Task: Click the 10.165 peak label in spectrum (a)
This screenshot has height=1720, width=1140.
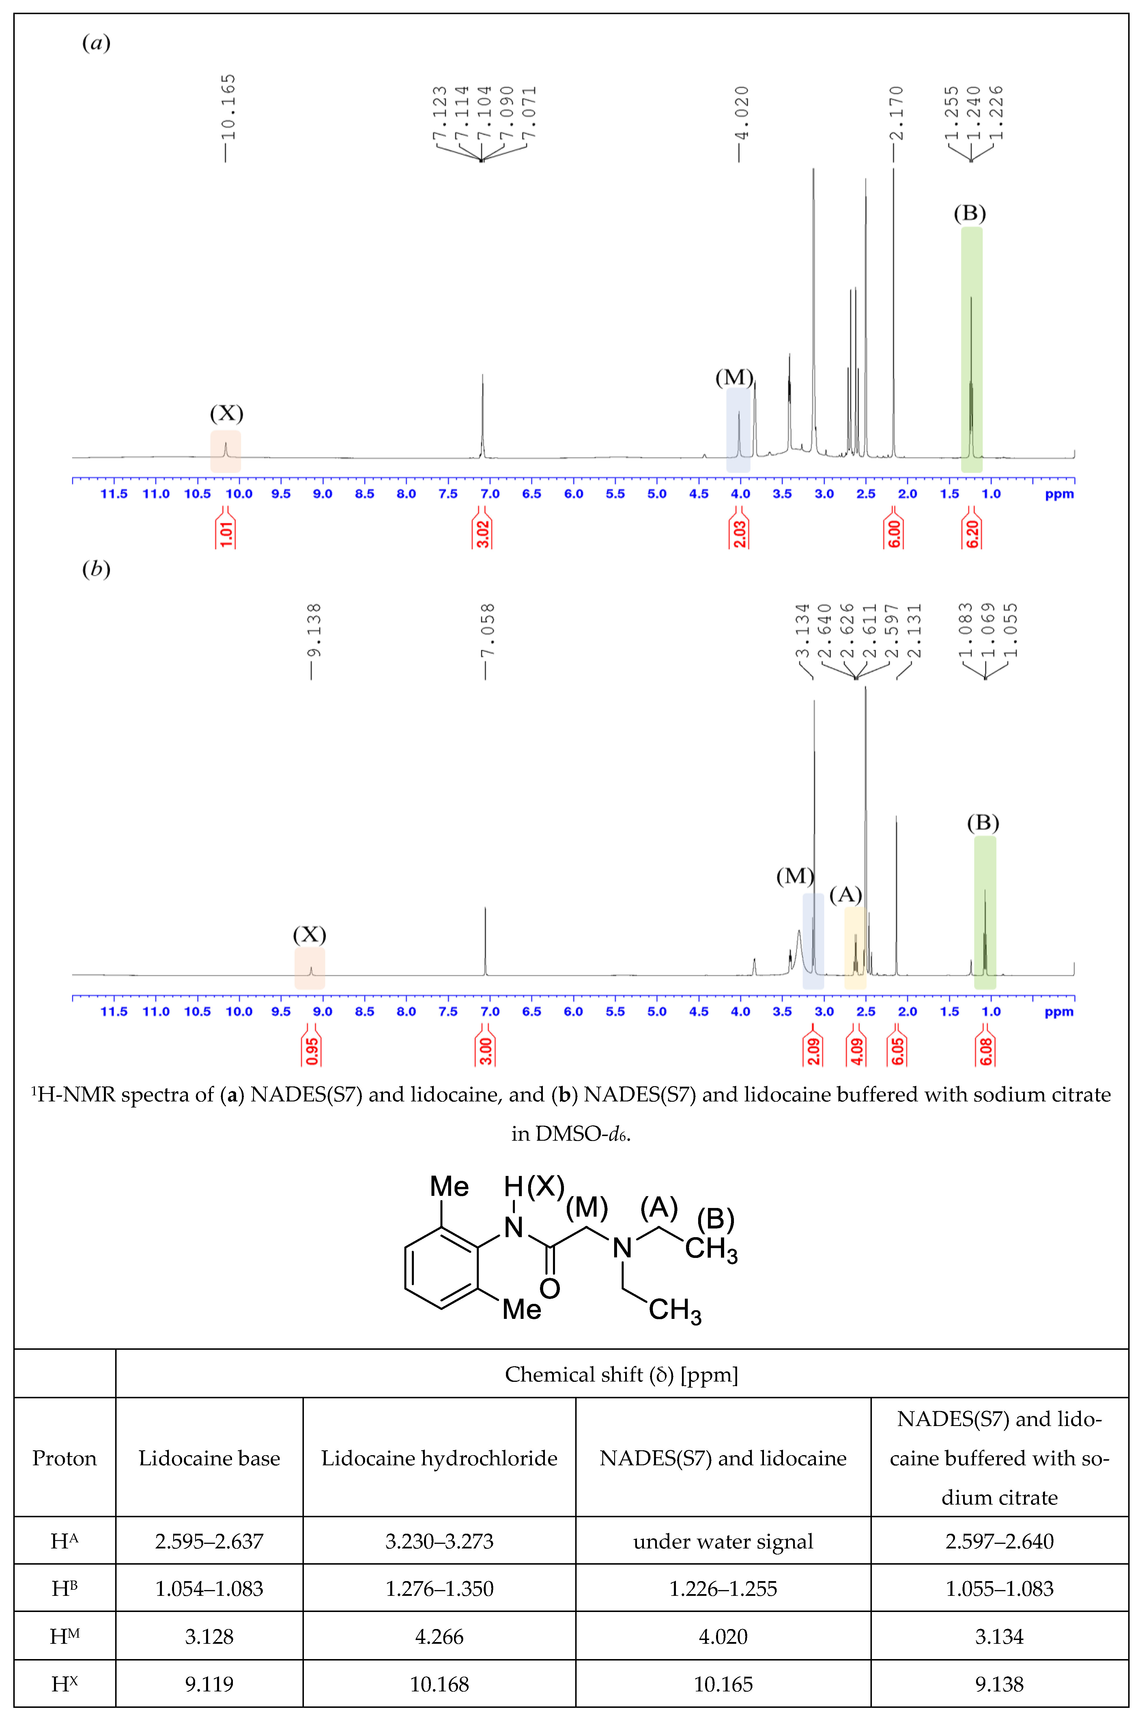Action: tap(228, 107)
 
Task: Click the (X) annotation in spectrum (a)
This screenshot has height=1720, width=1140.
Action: tap(226, 413)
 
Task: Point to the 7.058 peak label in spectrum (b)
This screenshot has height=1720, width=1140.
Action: tap(488, 630)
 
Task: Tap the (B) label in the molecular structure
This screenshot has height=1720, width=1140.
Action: tap(715, 1219)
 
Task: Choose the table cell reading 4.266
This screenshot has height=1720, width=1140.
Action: tap(439, 1636)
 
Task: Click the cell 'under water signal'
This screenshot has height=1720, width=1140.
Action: tap(723, 1541)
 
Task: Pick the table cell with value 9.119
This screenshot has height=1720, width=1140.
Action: tap(210, 1684)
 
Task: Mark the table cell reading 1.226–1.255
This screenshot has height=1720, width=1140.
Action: tap(723, 1588)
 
